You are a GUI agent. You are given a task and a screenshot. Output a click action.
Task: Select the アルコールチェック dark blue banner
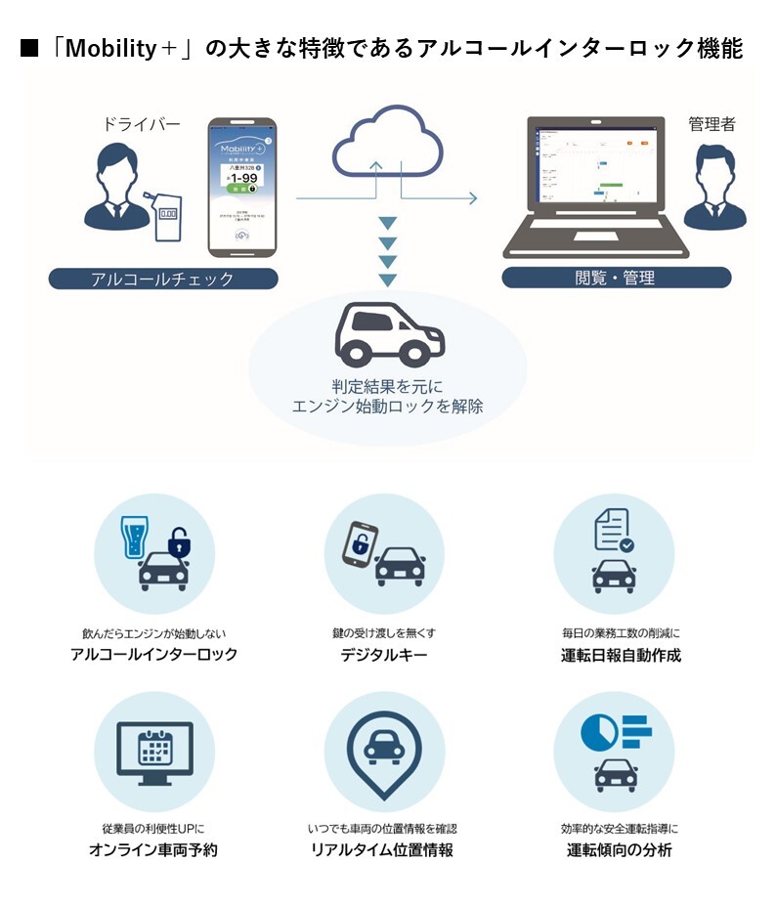point(162,280)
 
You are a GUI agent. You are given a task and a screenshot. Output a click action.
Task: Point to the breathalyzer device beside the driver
point(166,220)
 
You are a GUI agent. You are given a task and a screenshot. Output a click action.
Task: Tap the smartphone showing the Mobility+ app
point(240,188)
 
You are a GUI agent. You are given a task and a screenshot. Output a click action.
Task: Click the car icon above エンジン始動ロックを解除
point(388,335)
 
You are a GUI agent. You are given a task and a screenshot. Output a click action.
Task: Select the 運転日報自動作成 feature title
point(614,655)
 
